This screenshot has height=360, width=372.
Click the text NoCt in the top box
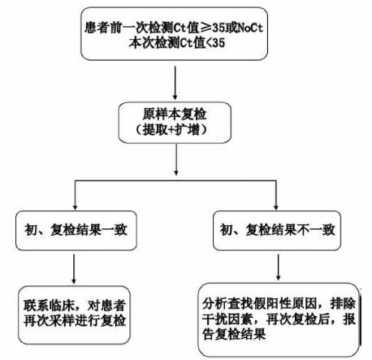pos(250,28)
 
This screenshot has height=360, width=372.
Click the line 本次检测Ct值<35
pos(177,43)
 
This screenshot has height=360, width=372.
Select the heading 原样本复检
pos(175,115)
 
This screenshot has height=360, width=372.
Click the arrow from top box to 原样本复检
pos(175,83)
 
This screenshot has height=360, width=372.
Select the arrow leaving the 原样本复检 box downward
pos(176,159)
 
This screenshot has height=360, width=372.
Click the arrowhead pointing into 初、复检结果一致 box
pos(76,207)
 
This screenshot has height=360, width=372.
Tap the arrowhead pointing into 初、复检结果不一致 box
pos(276,207)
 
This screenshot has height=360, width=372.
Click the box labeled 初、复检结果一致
pos(76,231)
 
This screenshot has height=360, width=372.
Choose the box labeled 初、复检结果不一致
pos(277,231)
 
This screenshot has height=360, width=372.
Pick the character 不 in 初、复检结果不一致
pos(303,230)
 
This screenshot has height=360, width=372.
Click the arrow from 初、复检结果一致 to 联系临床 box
pos(74,269)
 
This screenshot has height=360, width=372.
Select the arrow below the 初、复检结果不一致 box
pos(278,267)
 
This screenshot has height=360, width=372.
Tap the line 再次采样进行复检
pos(75,321)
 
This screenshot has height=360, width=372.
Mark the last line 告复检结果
pos(234,334)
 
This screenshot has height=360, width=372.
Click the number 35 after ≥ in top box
pos(218,28)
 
